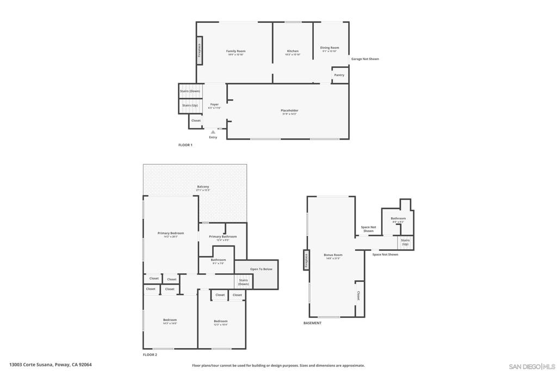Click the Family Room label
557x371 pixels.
point(236,52)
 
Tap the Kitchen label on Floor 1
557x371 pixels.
point(293,52)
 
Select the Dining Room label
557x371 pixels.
point(329,48)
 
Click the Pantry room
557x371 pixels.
point(339,75)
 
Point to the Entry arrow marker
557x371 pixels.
point(213,132)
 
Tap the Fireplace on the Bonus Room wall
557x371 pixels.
point(306,261)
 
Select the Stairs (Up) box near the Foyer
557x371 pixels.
point(190,105)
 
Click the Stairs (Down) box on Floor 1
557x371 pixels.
point(190,91)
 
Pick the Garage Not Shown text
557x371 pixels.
point(365,59)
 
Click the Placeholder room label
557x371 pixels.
point(289,111)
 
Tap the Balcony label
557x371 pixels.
point(202,187)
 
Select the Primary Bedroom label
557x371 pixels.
point(171,234)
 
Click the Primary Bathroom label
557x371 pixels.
point(222,237)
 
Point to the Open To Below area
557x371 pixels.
point(261,269)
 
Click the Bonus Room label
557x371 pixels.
point(333,255)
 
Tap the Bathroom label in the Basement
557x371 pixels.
point(398,219)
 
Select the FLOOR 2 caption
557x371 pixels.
point(150,355)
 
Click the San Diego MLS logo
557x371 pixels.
point(531,366)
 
